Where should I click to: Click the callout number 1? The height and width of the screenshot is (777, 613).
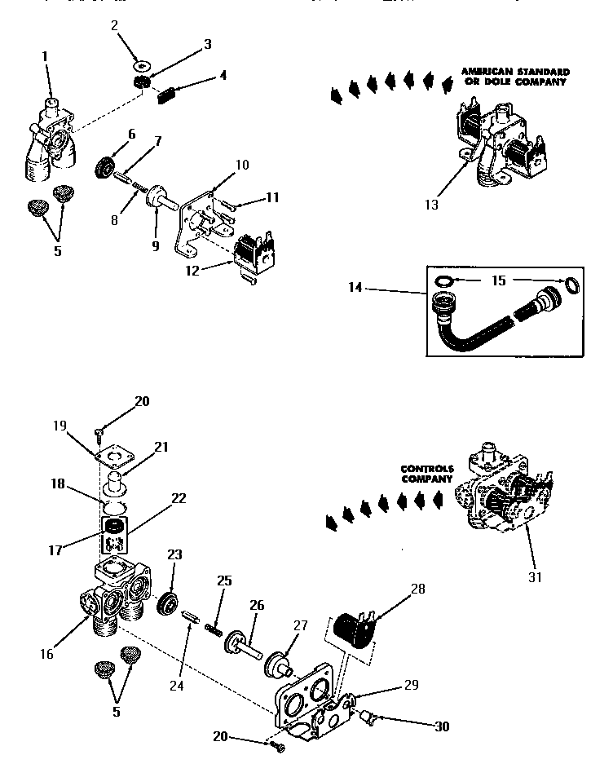click(44, 56)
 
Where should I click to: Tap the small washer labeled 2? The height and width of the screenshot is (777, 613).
click(142, 64)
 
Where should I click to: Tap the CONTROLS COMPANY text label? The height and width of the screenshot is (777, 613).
click(426, 474)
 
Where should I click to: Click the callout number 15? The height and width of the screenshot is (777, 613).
click(498, 280)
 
